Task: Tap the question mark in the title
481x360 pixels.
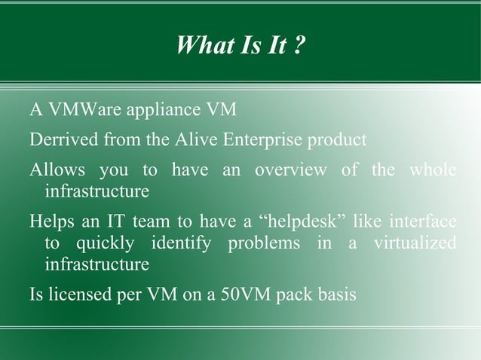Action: point(299,46)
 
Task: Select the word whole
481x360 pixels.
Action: point(432,170)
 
